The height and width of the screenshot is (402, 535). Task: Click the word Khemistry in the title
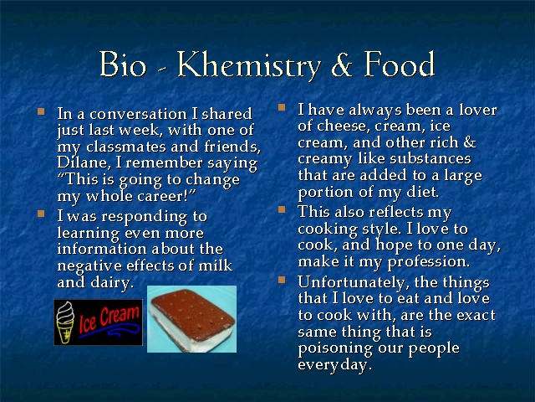click(x=249, y=65)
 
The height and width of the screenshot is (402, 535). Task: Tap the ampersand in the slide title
click(x=342, y=65)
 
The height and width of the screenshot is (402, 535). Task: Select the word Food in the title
click(x=400, y=64)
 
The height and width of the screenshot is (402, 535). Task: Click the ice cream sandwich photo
click(x=191, y=319)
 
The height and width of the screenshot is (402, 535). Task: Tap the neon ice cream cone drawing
click(x=65, y=322)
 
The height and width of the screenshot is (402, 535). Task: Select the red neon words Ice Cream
click(x=110, y=319)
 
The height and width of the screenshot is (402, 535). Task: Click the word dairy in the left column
click(x=110, y=283)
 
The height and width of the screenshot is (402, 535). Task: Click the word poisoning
click(x=335, y=348)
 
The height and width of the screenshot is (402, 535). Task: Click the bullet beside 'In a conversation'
click(x=41, y=111)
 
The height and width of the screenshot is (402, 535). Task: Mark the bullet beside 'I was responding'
click(x=41, y=214)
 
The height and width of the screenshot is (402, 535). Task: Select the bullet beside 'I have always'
click(x=282, y=107)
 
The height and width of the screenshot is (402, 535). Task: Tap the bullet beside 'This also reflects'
click(x=282, y=209)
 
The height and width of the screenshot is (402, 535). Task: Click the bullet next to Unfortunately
click(x=282, y=280)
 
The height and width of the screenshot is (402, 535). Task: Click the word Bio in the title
click(x=123, y=64)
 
